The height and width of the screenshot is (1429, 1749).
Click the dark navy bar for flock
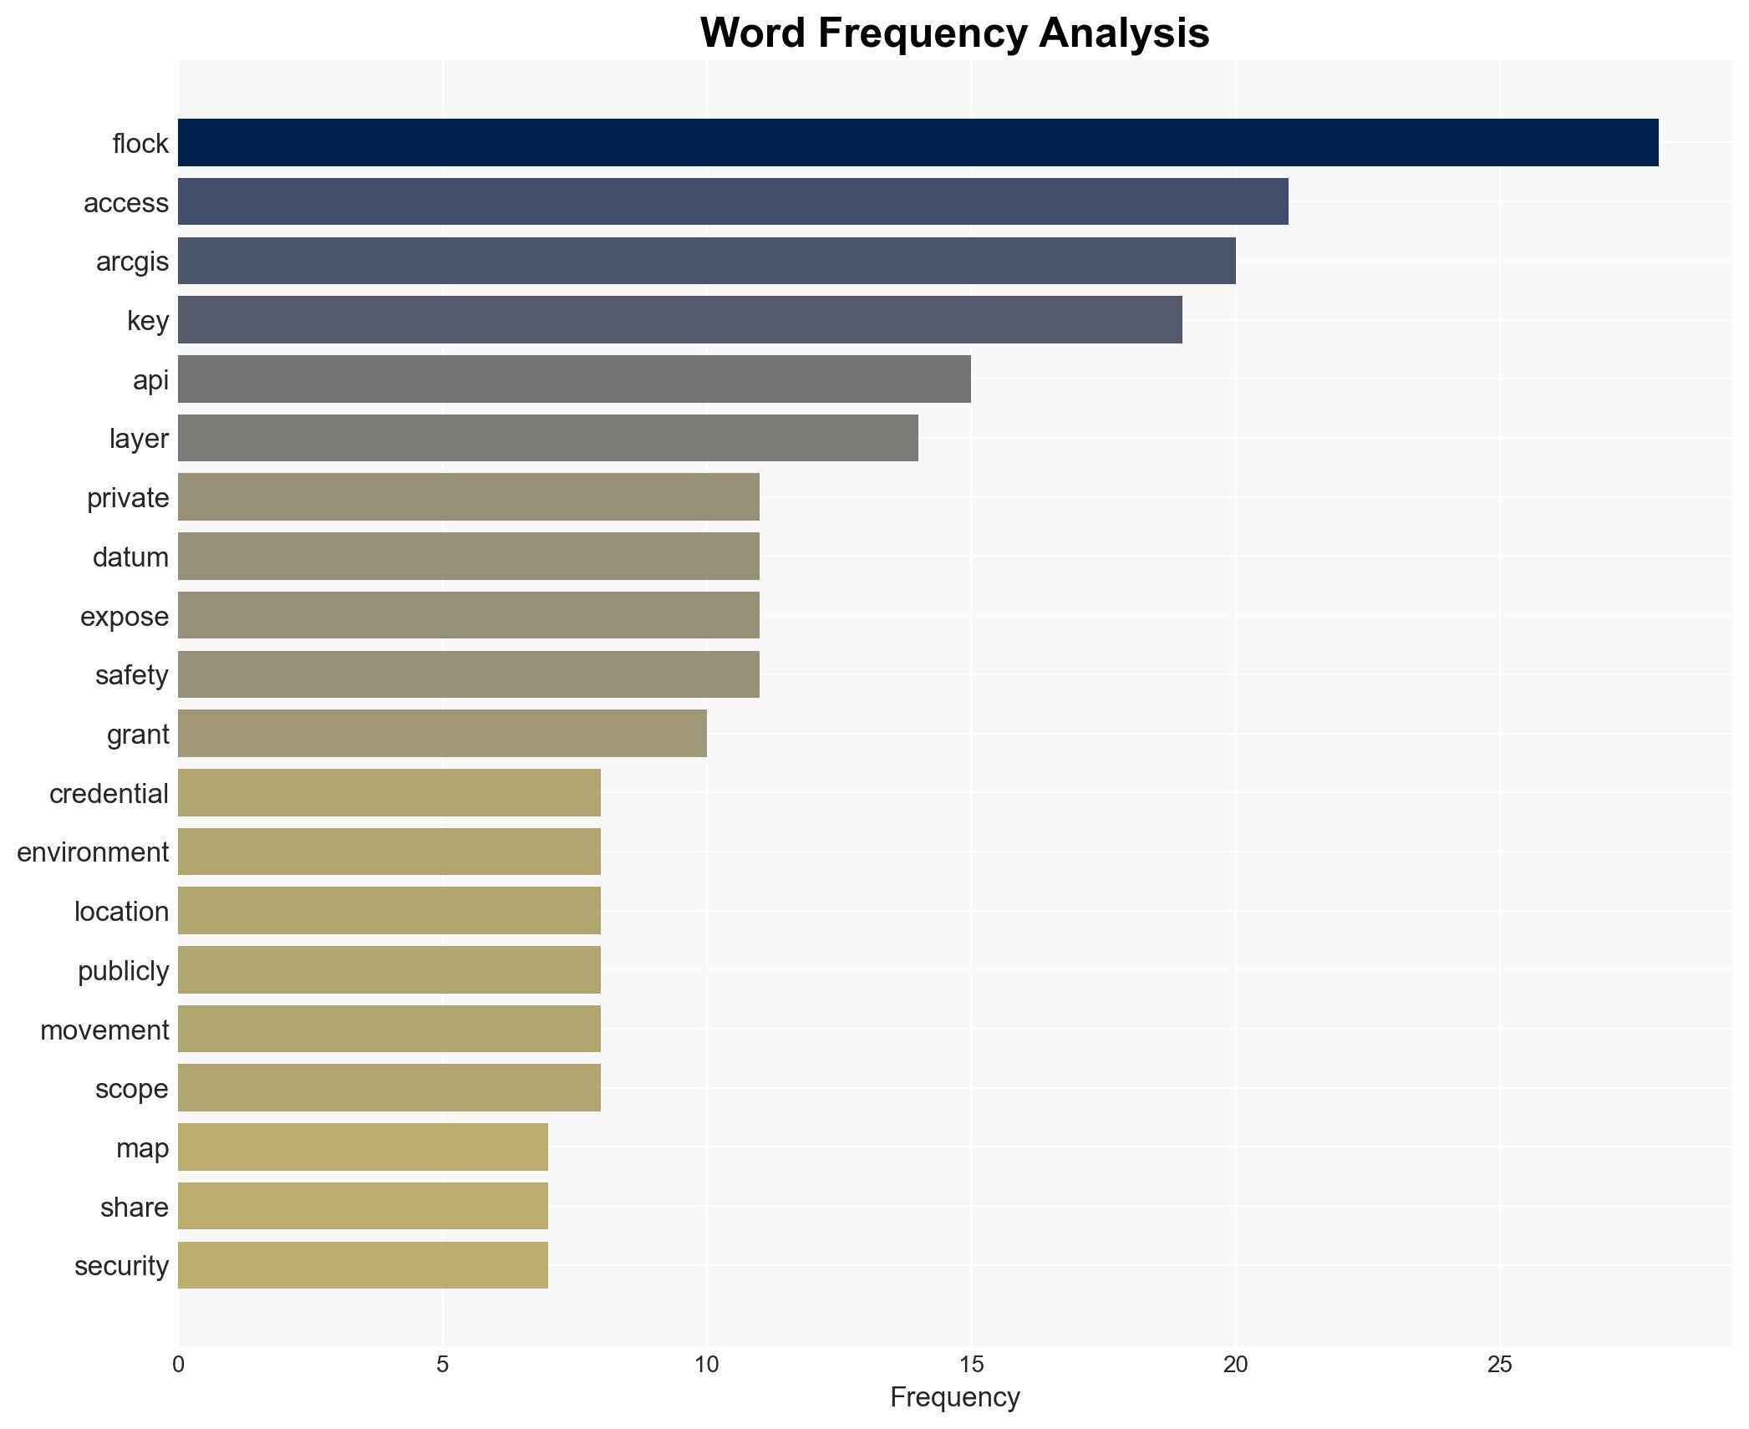(918, 143)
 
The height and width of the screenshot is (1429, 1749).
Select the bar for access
(733, 202)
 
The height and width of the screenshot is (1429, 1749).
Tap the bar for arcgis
(706, 261)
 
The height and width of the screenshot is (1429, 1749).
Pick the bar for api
(574, 379)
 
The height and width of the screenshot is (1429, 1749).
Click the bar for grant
(442, 734)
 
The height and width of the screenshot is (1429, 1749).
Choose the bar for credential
(389, 793)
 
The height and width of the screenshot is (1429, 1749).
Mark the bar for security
(363, 1265)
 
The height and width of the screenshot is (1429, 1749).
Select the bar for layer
(547, 438)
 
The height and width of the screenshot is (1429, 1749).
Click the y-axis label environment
(93, 852)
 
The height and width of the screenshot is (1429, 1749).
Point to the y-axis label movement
(104, 1030)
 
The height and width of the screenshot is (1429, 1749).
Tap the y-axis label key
(148, 321)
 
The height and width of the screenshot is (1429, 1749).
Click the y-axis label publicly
(123, 971)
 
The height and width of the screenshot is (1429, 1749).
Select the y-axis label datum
(130, 557)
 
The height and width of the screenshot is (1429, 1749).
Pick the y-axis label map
(142, 1148)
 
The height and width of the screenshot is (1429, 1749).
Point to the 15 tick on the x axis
(970, 1365)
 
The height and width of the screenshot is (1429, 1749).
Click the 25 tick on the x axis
(1499, 1365)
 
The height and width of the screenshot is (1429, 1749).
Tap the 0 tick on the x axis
(178, 1365)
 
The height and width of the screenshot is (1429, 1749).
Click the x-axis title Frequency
(954, 1397)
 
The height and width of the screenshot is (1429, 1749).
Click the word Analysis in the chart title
(1124, 33)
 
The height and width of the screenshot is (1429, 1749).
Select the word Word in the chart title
(754, 33)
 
